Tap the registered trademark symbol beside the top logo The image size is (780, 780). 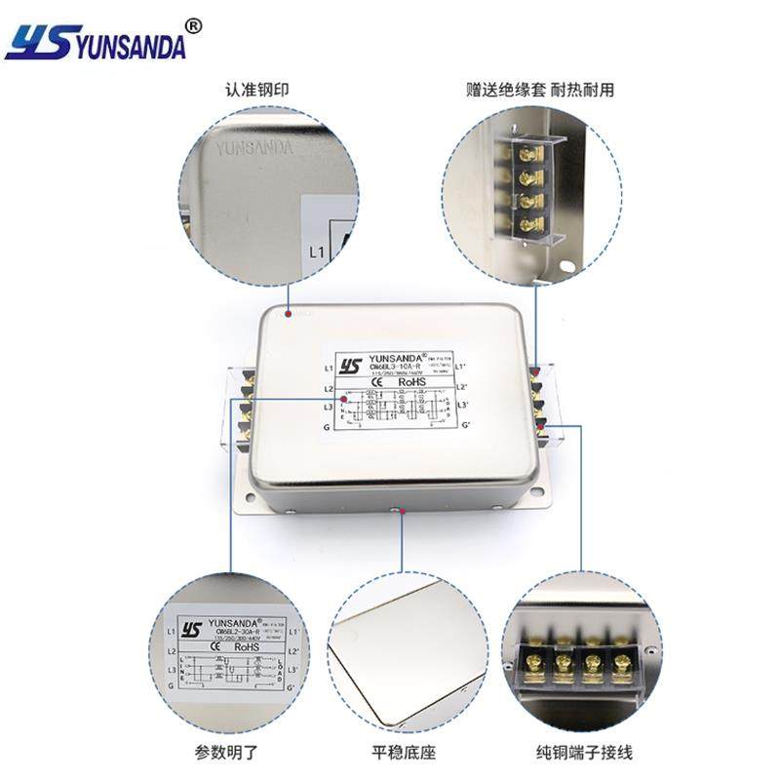[193, 26]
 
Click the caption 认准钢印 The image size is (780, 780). [256, 91]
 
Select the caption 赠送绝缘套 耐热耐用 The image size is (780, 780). [539, 91]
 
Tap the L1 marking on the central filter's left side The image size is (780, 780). [329, 369]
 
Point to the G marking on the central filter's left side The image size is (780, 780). [328, 426]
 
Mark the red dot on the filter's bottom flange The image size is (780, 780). [395, 509]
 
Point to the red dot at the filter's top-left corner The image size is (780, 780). [288, 314]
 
